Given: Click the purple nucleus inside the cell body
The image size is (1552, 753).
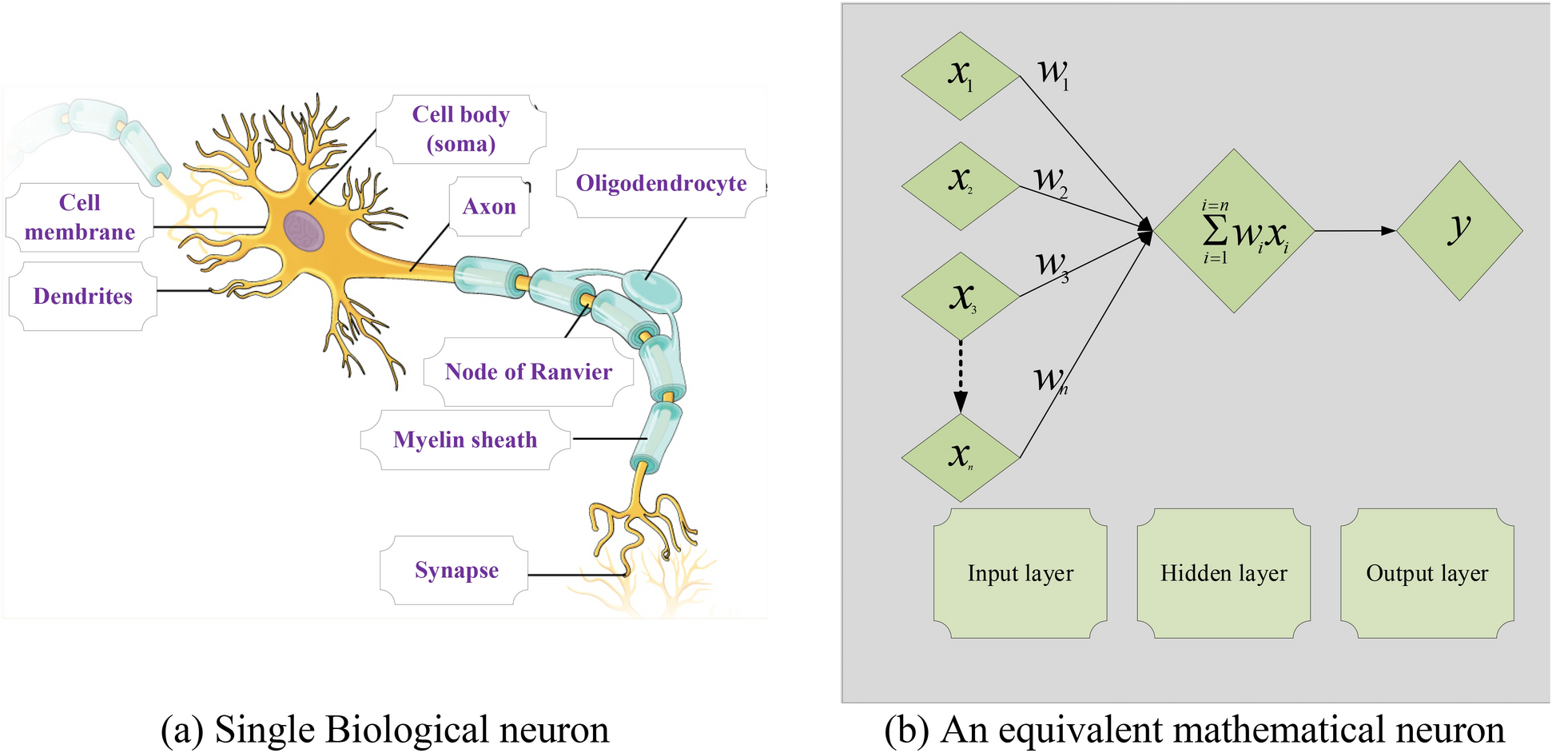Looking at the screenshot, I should [304, 231].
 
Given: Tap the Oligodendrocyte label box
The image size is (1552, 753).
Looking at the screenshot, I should [661, 183].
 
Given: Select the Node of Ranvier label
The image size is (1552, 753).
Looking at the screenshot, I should [528, 372].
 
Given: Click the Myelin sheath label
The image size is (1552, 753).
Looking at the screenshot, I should [465, 440].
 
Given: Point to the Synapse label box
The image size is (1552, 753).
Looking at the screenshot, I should [456, 570].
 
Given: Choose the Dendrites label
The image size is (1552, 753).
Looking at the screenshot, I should [82, 297].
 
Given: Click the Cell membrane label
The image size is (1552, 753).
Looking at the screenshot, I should [79, 217].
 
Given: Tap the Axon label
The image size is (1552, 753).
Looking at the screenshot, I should [489, 206].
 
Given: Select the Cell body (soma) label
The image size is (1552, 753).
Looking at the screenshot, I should [460, 129].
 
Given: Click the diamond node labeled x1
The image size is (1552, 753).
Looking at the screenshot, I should [961, 76].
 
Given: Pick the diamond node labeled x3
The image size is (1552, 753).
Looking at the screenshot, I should [961, 297].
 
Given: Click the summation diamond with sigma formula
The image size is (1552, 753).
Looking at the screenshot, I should [1234, 231].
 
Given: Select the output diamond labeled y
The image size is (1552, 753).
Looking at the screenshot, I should [1459, 231].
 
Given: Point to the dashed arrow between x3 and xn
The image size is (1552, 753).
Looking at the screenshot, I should [961, 376].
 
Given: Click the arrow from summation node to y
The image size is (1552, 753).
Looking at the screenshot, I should [1355, 231].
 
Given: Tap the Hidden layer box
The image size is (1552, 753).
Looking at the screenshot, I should [1224, 573].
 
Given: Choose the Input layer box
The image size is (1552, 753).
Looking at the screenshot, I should [1020, 573].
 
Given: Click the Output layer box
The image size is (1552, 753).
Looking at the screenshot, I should [1427, 573].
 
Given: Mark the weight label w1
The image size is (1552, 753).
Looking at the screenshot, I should [1054, 74].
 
